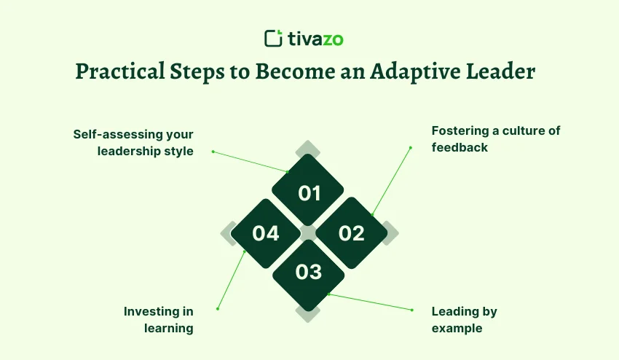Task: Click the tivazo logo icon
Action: pos(273,39)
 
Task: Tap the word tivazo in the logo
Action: pos(315,39)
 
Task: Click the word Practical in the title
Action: pos(120,71)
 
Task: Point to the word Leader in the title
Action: pos(500,71)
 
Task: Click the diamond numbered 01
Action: pos(308,190)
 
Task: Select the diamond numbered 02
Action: pos(351,233)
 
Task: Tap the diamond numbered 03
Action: pos(308,275)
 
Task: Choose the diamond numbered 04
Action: pos(266,233)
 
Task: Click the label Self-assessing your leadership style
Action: pos(133,143)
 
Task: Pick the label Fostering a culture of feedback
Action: pos(496,138)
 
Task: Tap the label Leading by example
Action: pos(465,320)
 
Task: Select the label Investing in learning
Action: pos(159,320)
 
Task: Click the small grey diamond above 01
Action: pos(307,149)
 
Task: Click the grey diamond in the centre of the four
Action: pos(308,233)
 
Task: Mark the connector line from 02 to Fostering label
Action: pos(391,181)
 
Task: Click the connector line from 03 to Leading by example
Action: pos(370,302)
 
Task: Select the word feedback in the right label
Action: pos(460,147)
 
